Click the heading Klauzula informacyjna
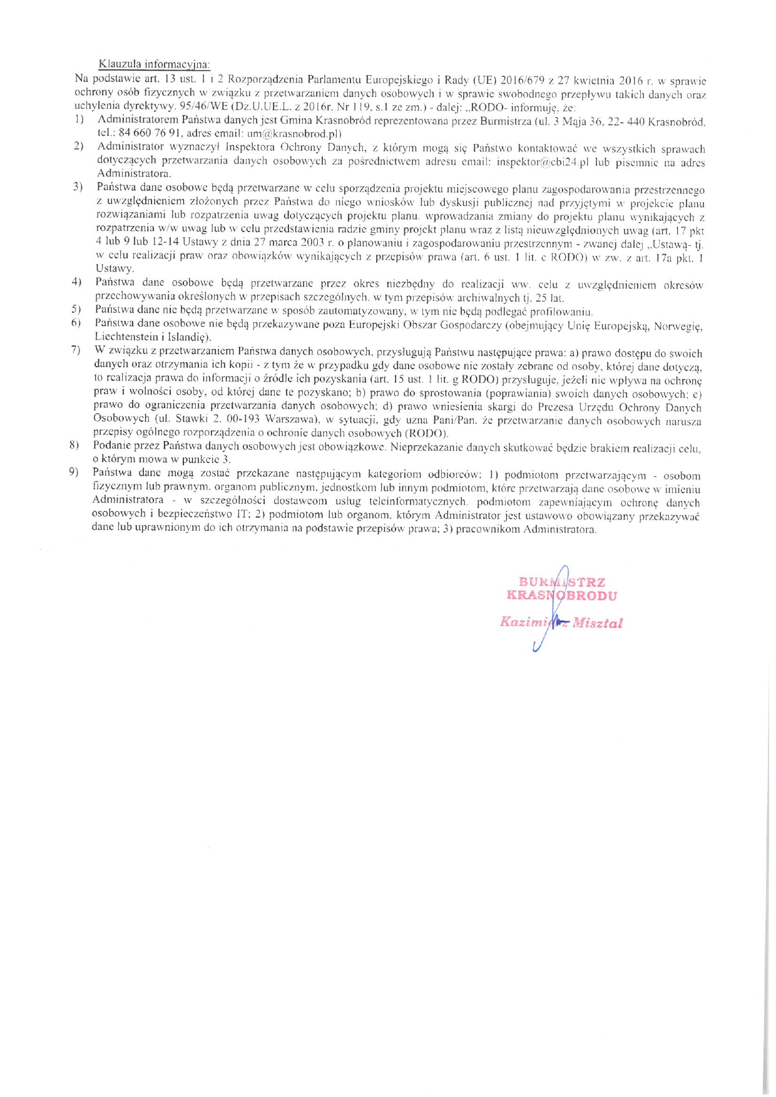[x=155, y=64]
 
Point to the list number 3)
[x=78, y=186]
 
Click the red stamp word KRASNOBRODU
[x=561, y=595]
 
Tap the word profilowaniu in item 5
[x=562, y=311]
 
